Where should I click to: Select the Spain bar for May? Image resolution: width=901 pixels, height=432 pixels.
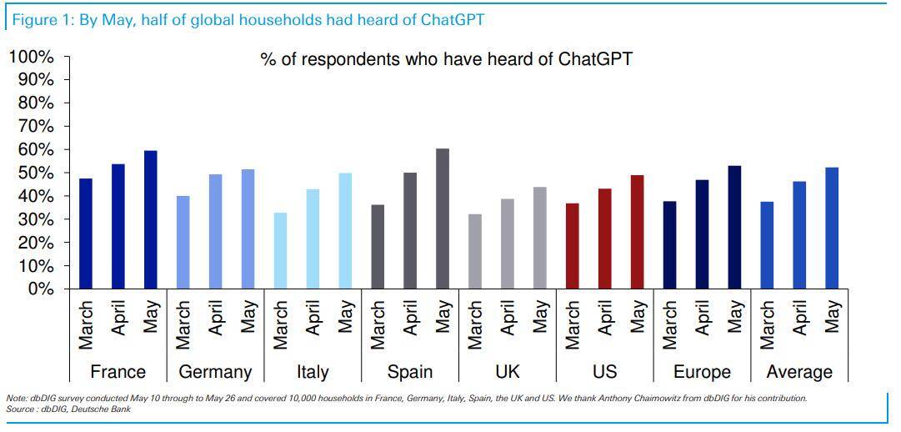pyautogui.click(x=443, y=219)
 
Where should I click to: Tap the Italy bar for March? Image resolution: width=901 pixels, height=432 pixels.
pyautogui.click(x=280, y=250)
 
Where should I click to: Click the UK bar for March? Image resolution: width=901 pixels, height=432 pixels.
pyautogui.click(x=475, y=251)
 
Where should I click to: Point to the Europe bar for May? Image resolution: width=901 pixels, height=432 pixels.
pyautogui.click(x=734, y=227)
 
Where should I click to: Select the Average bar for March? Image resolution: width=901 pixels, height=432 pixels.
pyautogui.click(x=767, y=245)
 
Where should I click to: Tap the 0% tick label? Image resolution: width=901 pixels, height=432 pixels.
pyautogui.click(x=39, y=289)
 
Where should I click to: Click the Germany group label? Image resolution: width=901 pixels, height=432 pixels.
pyautogui.click(x=215, y=372)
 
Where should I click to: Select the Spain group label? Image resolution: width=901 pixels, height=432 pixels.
pyautogui.click(x=410, y=372)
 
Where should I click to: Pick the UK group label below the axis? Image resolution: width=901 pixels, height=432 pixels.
pyautogui.click(x=508, y=372)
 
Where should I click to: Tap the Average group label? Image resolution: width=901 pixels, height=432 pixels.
pyautogui.click(x=799, y=372)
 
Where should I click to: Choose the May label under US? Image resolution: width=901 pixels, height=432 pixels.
pyautogui.click(x=638, y=316)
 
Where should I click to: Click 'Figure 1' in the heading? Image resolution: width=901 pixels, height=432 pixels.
pyautogui.click(x=41, y=20)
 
